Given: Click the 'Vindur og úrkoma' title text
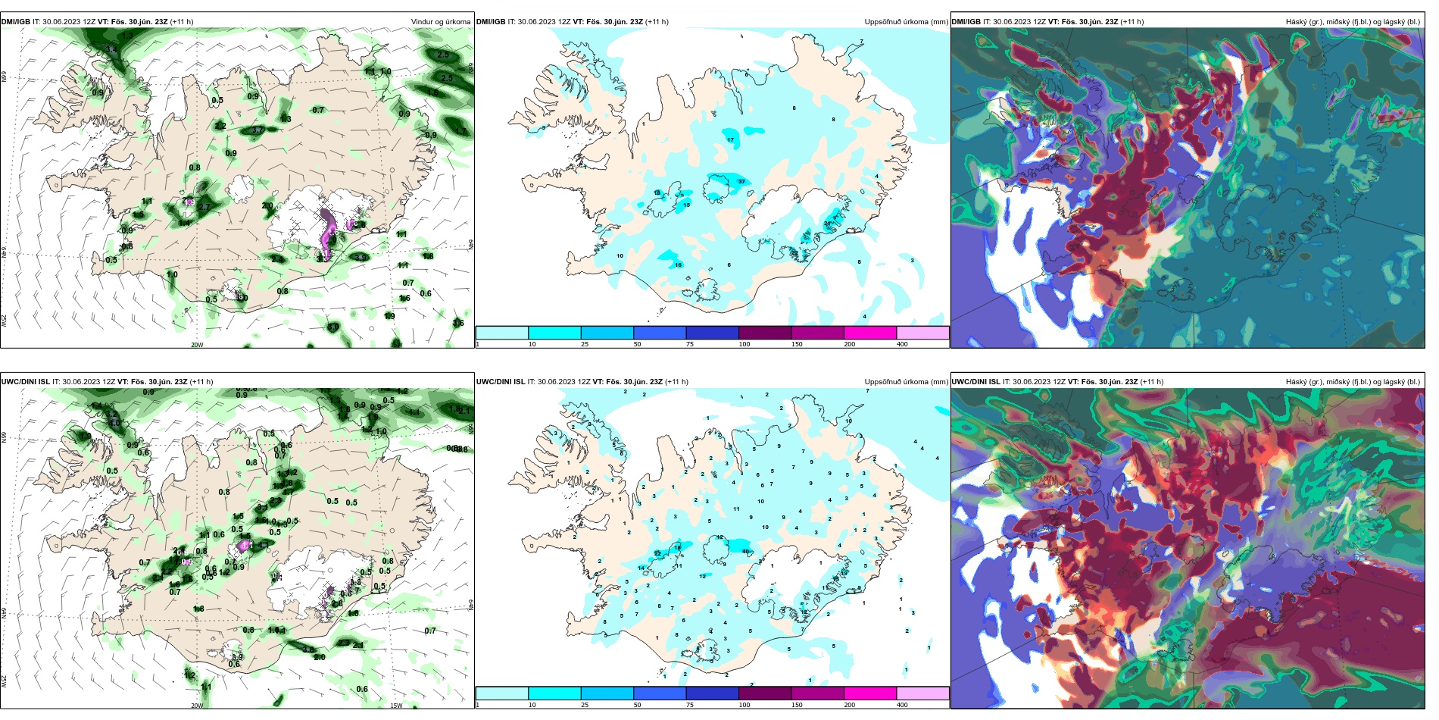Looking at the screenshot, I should pos(440,22).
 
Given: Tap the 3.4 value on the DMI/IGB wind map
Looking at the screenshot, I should pos(111,50).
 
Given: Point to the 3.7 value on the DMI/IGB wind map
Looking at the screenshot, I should pos(258,130).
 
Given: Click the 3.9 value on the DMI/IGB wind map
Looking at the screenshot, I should pos(361,258).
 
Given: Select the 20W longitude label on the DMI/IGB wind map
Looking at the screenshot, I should pos(197,345).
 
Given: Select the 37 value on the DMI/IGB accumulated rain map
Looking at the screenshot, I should pos(741,181).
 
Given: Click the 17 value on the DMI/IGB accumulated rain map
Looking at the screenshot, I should pos(730,140).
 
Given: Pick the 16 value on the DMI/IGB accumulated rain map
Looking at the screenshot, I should pos(678,265).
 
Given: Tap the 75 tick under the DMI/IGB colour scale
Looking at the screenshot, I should pos(690,344).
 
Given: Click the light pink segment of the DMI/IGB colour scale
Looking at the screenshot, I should pos(922,333).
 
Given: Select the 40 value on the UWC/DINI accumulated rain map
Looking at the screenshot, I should pos(746,551).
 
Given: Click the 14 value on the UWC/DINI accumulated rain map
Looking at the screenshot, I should pos(641,568).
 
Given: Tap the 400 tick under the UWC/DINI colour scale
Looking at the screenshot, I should pos(902,705).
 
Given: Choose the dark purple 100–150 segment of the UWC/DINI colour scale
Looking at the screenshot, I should pos(765,693).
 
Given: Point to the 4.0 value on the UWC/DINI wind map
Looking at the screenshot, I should pos(115,423).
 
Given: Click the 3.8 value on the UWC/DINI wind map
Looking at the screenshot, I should pos(307,650).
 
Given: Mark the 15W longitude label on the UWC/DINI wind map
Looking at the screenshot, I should pos(396,706).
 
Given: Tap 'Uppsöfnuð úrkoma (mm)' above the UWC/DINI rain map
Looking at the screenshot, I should pos(906,382).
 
